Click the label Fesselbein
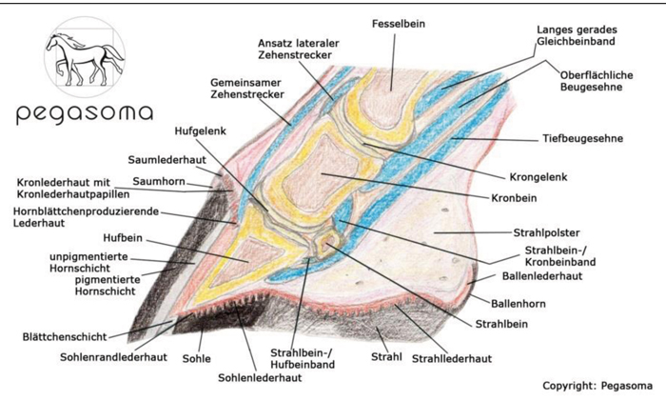point(398,24)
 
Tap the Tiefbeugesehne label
point(582,139)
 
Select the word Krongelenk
point(539,177)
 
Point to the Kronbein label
point(514,198)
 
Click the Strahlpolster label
point(546,233)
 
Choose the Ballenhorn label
point(519,304)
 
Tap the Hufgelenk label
point(200,131)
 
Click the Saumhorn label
point(159,182)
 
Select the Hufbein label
point(123,238)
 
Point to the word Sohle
point(196,358)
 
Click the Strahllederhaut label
point(452,359)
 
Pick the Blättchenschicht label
point(65,337)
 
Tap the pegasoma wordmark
point(84,114)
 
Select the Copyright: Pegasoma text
point(597,386)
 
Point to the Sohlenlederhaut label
point(260,377)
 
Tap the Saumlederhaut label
point(166,160)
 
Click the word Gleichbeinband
point(576,41)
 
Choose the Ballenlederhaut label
point(542,276)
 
